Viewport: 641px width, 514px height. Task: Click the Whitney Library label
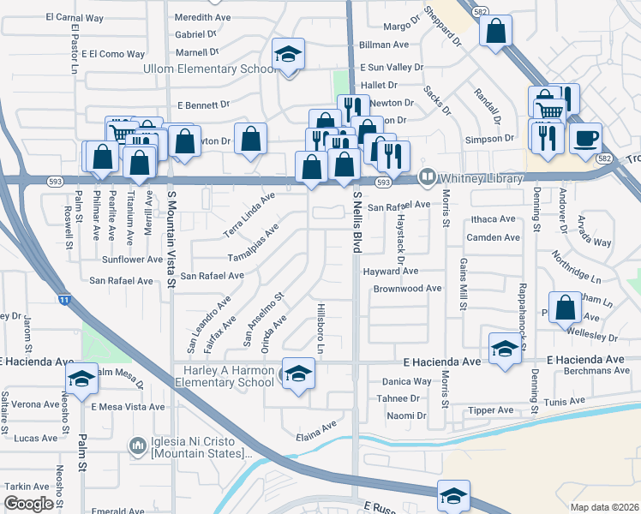[481, 178]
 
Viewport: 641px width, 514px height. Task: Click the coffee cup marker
[585, 138]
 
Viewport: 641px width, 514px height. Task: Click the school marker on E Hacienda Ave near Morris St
[504, 349]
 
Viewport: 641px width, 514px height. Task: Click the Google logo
[28, 504]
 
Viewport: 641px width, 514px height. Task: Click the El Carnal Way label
[75, 17]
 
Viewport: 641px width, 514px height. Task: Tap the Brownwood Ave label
[407, 289]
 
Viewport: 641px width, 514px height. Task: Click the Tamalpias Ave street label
[253, 245]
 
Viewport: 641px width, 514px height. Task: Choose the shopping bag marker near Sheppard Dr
[496, 32]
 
